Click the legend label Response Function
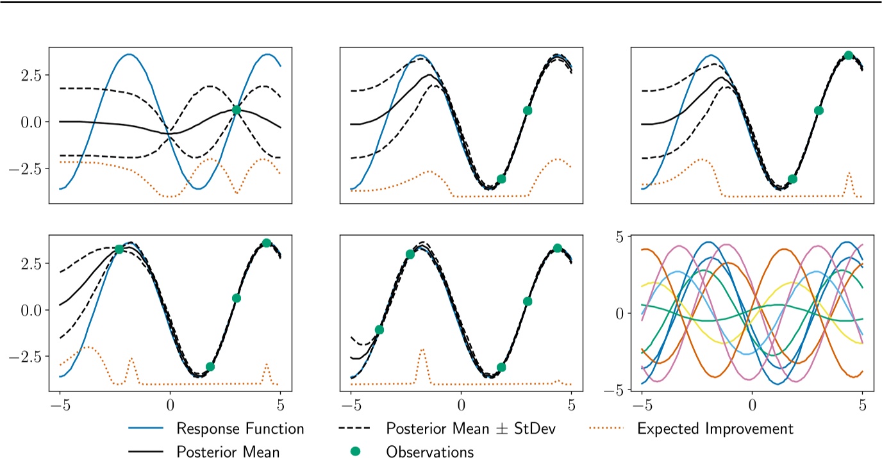pos(240,428)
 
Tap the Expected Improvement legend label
pos(715,428)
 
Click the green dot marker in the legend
pos(356,452)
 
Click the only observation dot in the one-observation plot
pos(237,110)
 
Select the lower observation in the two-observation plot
pos(501,179)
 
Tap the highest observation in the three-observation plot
pos(849,55)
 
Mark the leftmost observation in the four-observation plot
pos(119,249)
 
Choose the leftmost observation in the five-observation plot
pos(379,330)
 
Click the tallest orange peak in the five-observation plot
pos(422,350)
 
